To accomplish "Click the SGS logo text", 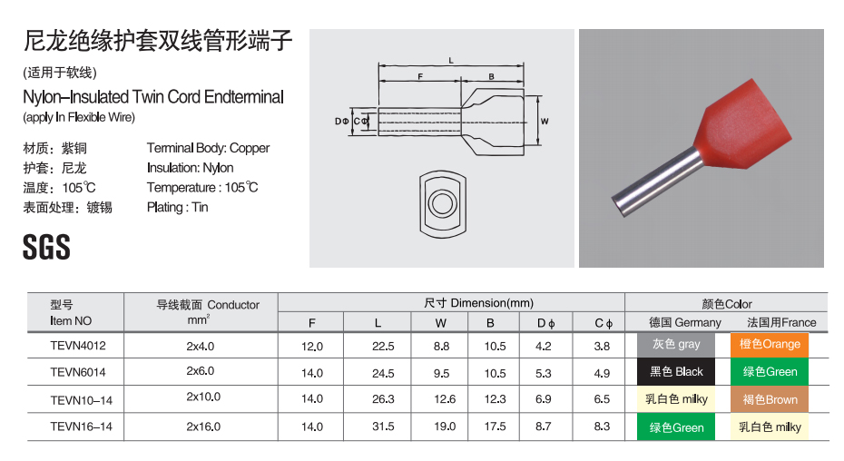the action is (x=46, y=247).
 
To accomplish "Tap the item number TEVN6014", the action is (x=78, y=372).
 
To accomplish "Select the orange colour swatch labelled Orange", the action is (x=770, y=345).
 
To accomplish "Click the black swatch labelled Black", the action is (x=676, y=371).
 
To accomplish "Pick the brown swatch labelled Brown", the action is (x=770, y=399).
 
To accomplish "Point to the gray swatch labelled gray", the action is (x=676, y=345).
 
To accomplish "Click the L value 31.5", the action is (x=383, y=427).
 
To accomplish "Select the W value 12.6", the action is (x=445, y=399).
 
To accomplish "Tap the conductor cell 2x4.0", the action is (x=201, y=347).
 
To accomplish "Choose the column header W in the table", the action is (x=441, y=323).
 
